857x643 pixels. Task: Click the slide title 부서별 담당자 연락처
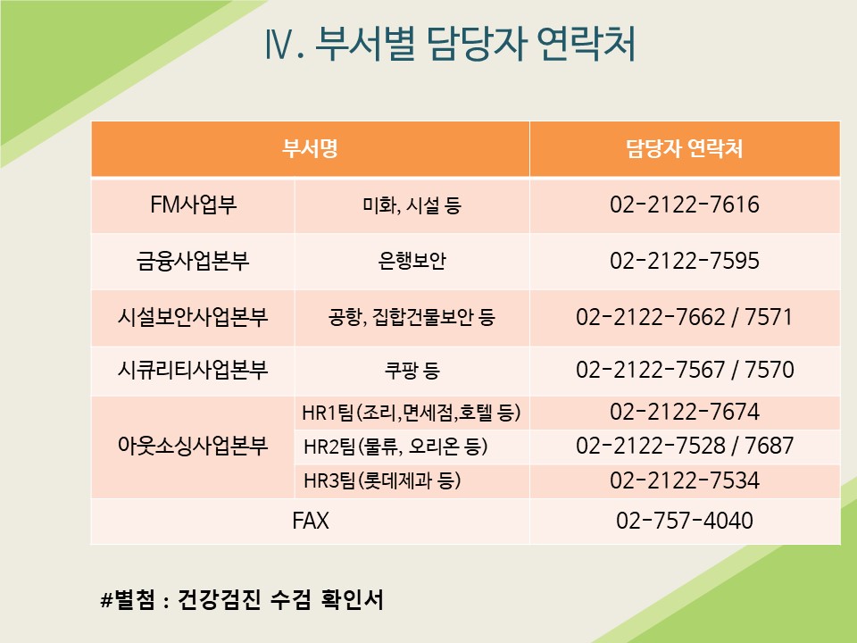click(475, 43)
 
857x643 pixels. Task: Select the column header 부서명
click(310, 148)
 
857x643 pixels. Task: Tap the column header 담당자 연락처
click(685, 148)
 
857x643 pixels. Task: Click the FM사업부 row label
click(193, 205)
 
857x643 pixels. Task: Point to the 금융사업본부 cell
click(193, 261)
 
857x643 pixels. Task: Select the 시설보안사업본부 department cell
click(193, 317)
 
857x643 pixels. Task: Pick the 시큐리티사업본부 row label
click(193, 370)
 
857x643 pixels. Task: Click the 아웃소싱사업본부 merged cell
click(193, 447)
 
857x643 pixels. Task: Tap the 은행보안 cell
click(412, 261)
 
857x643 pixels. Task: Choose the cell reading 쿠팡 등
click(412, 371)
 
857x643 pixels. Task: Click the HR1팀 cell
click(411, 413)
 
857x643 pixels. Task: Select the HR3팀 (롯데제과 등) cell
click(382, 480)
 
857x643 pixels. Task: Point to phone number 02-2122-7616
click(685, 205)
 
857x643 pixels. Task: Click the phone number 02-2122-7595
click(685, 261)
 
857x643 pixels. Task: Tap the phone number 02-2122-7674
click(685, 412)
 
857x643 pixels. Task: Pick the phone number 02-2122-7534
click(685, 480)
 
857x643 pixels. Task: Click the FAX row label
click(311, 521)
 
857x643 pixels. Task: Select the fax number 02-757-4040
click(685, 521)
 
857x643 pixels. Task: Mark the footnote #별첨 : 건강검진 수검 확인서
click(242, 600)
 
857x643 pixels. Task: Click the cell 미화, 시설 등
click(412, 205)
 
